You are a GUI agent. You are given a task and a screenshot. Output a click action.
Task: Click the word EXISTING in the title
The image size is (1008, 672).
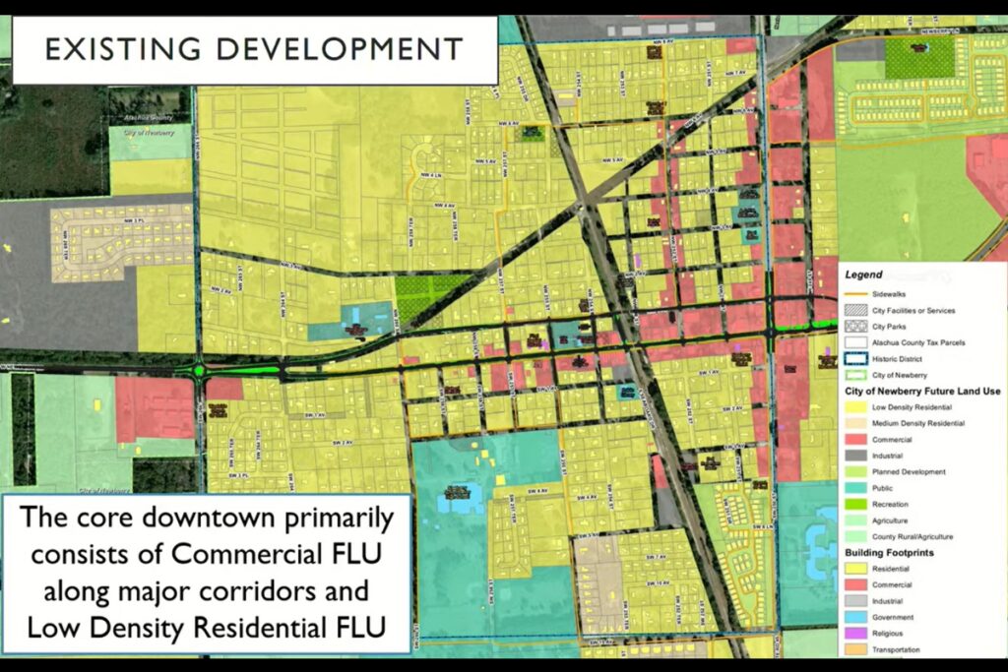111,49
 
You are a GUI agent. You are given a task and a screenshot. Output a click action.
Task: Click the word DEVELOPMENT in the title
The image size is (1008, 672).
325,49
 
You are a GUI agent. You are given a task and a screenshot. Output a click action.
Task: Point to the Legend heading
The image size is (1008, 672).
863,275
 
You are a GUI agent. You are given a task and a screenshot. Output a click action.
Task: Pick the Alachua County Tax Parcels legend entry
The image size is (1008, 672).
921,342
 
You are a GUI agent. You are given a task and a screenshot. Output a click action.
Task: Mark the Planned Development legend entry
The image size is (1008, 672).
910,472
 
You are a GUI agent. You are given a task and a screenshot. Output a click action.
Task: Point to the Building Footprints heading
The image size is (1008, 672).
890,553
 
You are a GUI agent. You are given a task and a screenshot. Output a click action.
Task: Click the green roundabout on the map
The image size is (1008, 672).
200,372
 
